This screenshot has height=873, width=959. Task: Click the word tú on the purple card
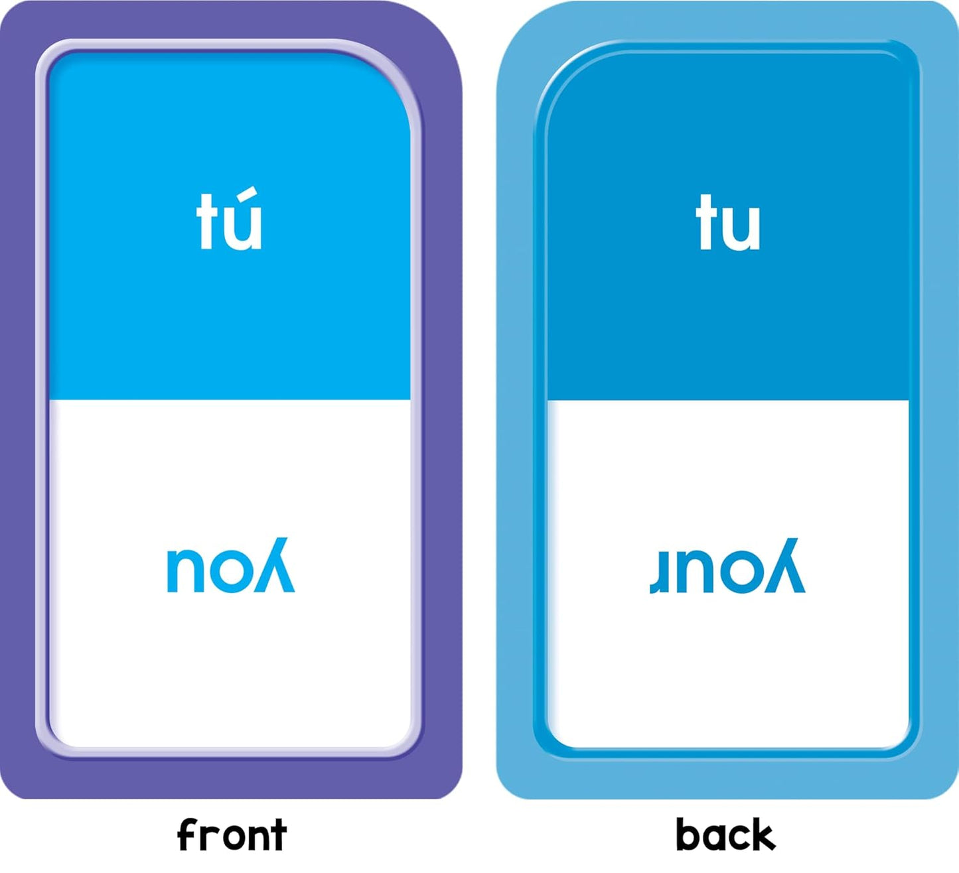click(x=229, y=218)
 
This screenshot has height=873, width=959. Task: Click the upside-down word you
click(x=231, y=565)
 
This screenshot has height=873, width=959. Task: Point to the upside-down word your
click(x=727, y=566)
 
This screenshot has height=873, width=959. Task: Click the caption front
click(x=232, y=835)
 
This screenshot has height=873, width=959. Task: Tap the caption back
click(x=725, y=834)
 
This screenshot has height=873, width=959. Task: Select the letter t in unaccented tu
click(x=704, y=222)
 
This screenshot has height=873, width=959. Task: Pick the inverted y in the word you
click(x=274, y=565)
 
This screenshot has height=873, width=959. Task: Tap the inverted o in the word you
click(x=231, y=572)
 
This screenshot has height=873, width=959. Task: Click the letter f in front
click(x=187, y=835)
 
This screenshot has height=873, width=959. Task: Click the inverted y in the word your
click(x=784, y=565)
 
